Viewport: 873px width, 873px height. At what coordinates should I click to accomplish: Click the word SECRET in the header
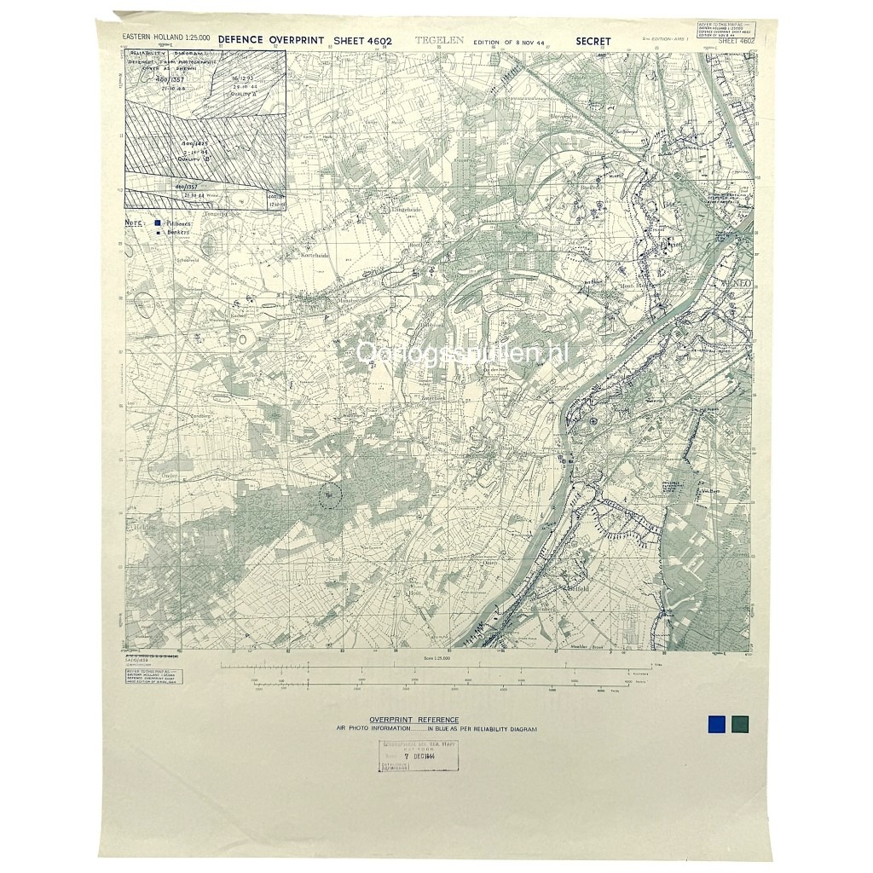point(593,40)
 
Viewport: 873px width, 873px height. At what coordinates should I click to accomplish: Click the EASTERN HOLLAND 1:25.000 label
point(166,38)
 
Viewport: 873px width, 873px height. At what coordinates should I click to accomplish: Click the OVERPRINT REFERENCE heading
point(413,720)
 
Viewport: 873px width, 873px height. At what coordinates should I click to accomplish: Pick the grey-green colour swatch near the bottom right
point(740,724)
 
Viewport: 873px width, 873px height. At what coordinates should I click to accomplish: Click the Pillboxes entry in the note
point(175,222)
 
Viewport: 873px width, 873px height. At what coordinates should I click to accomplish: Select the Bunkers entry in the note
point(175,231)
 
